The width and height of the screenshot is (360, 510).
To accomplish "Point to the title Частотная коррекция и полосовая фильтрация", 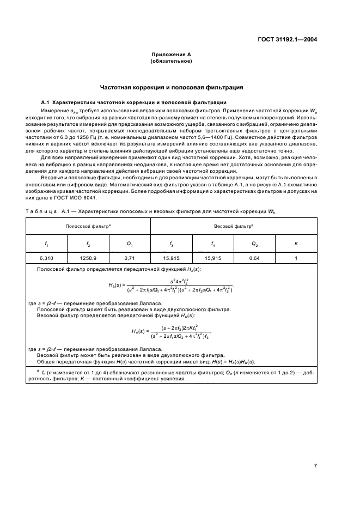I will click(x=171, y=87).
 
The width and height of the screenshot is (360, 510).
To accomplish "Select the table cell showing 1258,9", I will click(x=89, y=258).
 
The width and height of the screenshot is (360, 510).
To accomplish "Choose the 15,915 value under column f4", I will click(x=212, y=258).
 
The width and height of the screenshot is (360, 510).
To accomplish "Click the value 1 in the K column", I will click(x=296, y=258).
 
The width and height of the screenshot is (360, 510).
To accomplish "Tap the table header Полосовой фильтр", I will click(x=88, y=225).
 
